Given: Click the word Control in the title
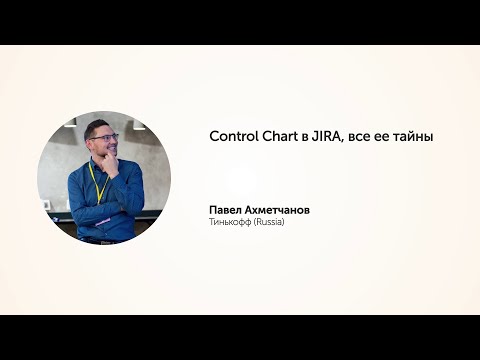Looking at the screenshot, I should pyautogui.click(x=231, y=136).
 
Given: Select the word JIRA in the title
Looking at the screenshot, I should pyautogui.click(x=327, y=136).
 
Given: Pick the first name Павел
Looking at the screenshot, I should pyautogui.click(x=226, y=210).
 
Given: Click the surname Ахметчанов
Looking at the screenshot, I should pyautogui.click(x=279, y=210).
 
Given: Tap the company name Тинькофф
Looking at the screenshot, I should pyautogui.click(x=230, y=222).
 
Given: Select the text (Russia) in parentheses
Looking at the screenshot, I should pyautogui.click(x=269, y=222).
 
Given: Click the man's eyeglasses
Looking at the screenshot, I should pyautogui.click(x=103, y=137).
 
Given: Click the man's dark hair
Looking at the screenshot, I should pyautogui.click(x=97, y=125).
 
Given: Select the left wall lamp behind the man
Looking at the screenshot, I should pyautogui.click(x=69, y=124).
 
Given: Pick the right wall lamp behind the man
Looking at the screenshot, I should pyautogui.click(x=138, y=125).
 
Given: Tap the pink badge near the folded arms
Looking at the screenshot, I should pyautogui.click(x=103, y=217).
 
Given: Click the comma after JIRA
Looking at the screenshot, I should pyautogui.click(x=343, y=141).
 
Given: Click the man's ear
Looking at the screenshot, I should pyautogui.click(x=88, y=142).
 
